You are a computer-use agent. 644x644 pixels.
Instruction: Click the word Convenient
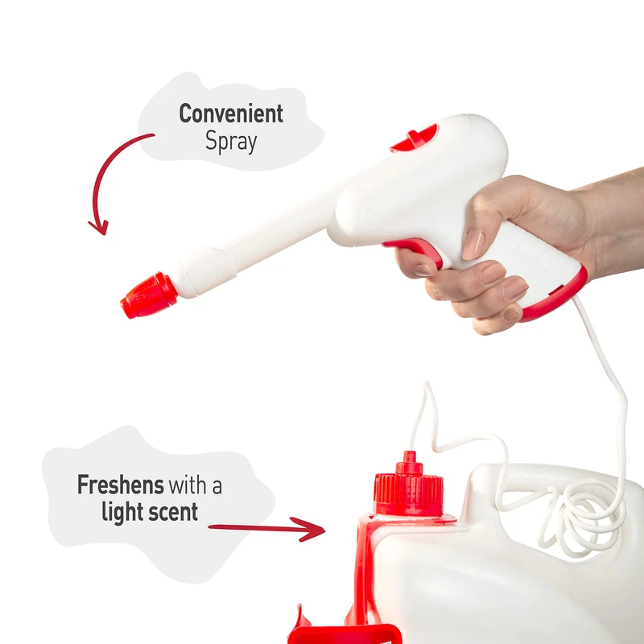click(231, 114)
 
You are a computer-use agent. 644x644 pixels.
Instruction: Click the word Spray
click(231, 142)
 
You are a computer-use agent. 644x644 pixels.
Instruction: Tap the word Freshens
click(121, 485)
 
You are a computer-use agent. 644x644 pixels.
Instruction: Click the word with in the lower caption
click(188, 485)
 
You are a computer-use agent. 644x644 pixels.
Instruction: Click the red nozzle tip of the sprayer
click(149, 295)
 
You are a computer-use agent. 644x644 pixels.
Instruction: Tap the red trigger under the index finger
click(415, 250)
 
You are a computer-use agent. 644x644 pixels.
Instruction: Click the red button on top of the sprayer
click(415, 138)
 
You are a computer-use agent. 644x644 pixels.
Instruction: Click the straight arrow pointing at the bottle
click(267, 528)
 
